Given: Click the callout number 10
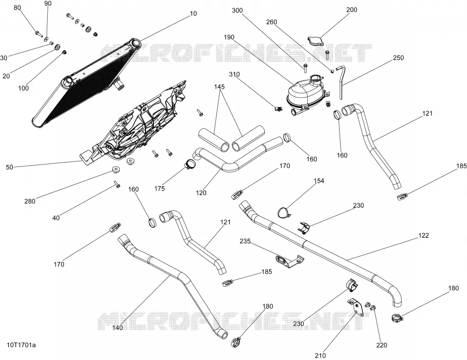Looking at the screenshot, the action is [193, 13].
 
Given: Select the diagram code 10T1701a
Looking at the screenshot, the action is [22, 345].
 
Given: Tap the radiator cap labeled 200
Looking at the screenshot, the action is [316, 41].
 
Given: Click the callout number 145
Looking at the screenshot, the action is [219, 87].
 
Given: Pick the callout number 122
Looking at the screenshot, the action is [424, 235].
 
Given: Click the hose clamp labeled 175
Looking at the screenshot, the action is [191, 164].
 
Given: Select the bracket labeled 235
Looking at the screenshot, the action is [289, 261].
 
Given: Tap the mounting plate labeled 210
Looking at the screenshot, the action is [356, 306].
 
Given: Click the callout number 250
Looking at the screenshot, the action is [398, 58].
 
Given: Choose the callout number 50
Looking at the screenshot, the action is [9, 167].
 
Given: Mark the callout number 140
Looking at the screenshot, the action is [117, 328].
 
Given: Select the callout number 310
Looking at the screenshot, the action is [234, 74].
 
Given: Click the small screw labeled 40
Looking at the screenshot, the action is [117, 185].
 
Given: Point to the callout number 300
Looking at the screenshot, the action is [237, 10].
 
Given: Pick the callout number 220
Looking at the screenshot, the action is [381, 345].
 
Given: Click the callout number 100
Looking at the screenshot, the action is [24, 88].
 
